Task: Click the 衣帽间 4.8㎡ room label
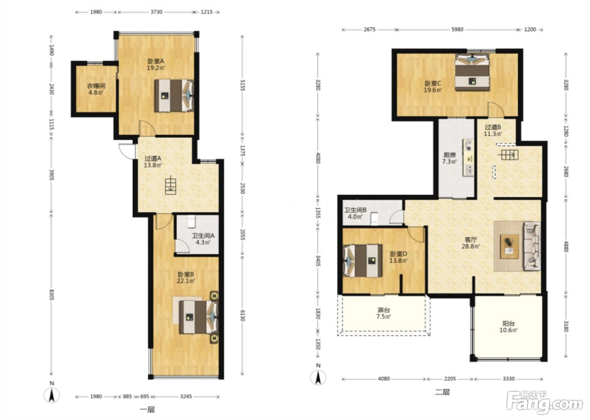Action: (x=96, y=89)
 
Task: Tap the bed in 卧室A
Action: (x=174, y=96)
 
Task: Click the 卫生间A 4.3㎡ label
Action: (x=203, y=239)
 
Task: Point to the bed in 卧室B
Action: (x=199, y=317)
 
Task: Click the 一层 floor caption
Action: (x=147, y=410)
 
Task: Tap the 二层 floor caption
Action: (x=442, y=392)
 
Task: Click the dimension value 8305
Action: (x=51, y=295)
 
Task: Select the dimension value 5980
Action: (x=457, y=30)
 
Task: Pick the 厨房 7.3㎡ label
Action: (x=449, y=158)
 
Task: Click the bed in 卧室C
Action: (x=472, y=72)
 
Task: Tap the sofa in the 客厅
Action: (x=532, y=246)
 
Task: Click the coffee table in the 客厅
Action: (x=510, y=246)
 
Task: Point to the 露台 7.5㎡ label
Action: (x=383, y=313)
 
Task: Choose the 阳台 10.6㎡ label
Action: (x=508, y=327)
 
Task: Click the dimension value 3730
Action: (x=156, y=12)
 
